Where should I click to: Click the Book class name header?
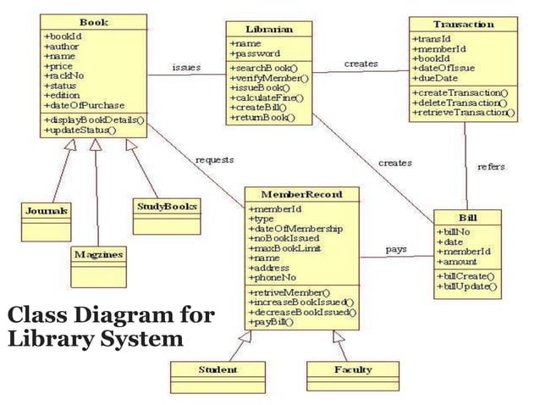pyautogui.click(x=92, y=21)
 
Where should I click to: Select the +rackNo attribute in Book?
pyautogui.click(x=61, y=76)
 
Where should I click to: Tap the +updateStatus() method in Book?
pyautogui.click(x=80, y=131)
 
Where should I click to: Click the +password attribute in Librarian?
pyautogui.click(x=254, y=53)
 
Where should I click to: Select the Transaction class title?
pyautogui.click(x=463, y=24)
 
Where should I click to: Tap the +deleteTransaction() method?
pyautogui.click(x=460, y=102)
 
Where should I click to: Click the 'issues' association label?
pyautogui.click(x=186, y=67)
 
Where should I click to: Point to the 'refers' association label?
pyautogui.click(x=491, y=167)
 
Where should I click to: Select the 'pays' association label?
pyautogui.click(x=397, y=249)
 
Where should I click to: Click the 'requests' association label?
pyautogui.click(x=214, y=159)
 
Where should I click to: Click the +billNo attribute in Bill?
pyautogui.click(x=453, y=231)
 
